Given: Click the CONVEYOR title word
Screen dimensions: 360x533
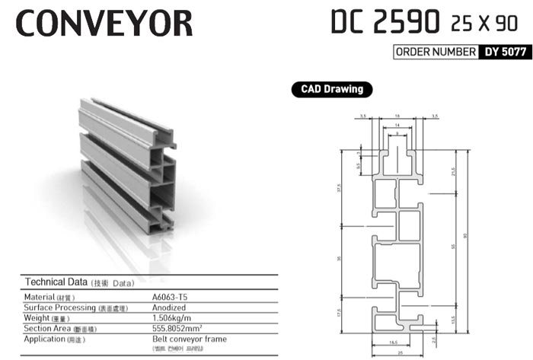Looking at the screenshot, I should coord(104,24).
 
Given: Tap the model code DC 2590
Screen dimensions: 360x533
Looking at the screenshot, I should coord(385,22).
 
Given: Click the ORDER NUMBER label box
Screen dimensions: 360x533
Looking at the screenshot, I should coord(435,53).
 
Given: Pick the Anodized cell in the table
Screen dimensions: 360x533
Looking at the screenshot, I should coord(171,307).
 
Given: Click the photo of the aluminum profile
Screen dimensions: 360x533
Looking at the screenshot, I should coord(125,164).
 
